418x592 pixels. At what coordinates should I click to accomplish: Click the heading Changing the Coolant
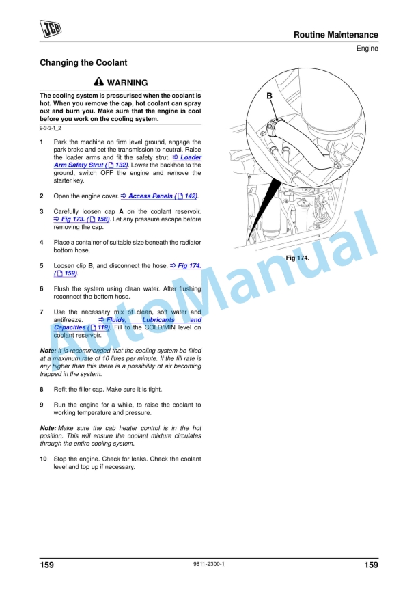[83, 63]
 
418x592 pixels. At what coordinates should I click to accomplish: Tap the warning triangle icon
[99, 82]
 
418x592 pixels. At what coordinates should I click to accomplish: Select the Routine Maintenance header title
[335, 35]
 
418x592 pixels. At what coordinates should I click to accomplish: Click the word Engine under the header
[367, 49]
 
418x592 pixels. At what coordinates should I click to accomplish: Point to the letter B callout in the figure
[269, 96]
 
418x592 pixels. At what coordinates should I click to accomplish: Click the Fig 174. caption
[297, 258]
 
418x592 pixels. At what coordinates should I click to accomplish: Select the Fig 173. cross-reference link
[82, 219]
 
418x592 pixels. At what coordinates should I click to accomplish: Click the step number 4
[42, 243]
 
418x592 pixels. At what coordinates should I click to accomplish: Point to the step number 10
[44, 459]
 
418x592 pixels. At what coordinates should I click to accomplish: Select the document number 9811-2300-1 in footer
[209, 564]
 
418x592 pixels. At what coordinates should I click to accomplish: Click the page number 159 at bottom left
[46, 565]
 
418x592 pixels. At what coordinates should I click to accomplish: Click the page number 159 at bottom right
[371, 565]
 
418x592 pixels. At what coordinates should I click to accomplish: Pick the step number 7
[42, 312]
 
